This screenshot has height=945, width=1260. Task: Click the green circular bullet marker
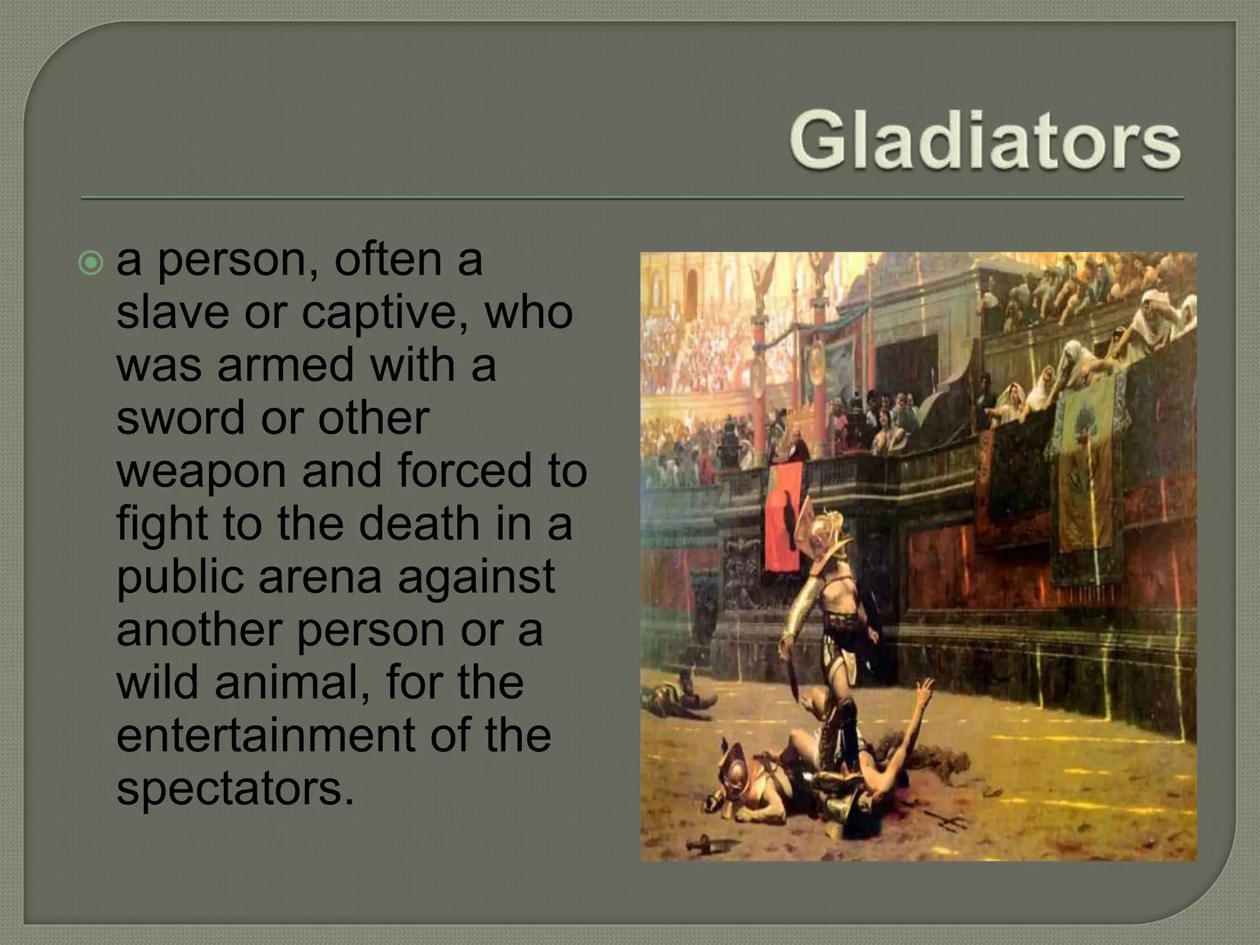[x=91, y=263]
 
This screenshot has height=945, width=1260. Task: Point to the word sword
[x=178, y=418]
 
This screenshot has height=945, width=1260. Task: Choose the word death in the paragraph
[x=418, y=524]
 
